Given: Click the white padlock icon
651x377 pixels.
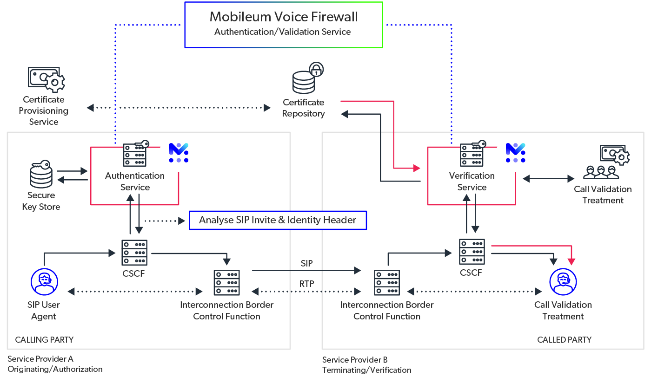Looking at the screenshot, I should click(316, 70).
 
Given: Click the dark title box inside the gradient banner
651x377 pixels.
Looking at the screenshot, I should click(295, 29).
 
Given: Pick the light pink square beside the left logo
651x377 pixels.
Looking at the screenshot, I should click(193, 191).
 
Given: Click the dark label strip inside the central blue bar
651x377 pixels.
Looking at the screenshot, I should click(281, 222).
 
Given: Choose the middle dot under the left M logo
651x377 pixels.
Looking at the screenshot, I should click(179, 160).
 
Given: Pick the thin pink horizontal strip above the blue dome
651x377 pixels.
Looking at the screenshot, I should click(530, 249).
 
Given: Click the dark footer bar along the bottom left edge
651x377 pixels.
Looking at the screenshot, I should click(139, 367).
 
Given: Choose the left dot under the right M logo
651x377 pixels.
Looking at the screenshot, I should click(508, 160).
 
